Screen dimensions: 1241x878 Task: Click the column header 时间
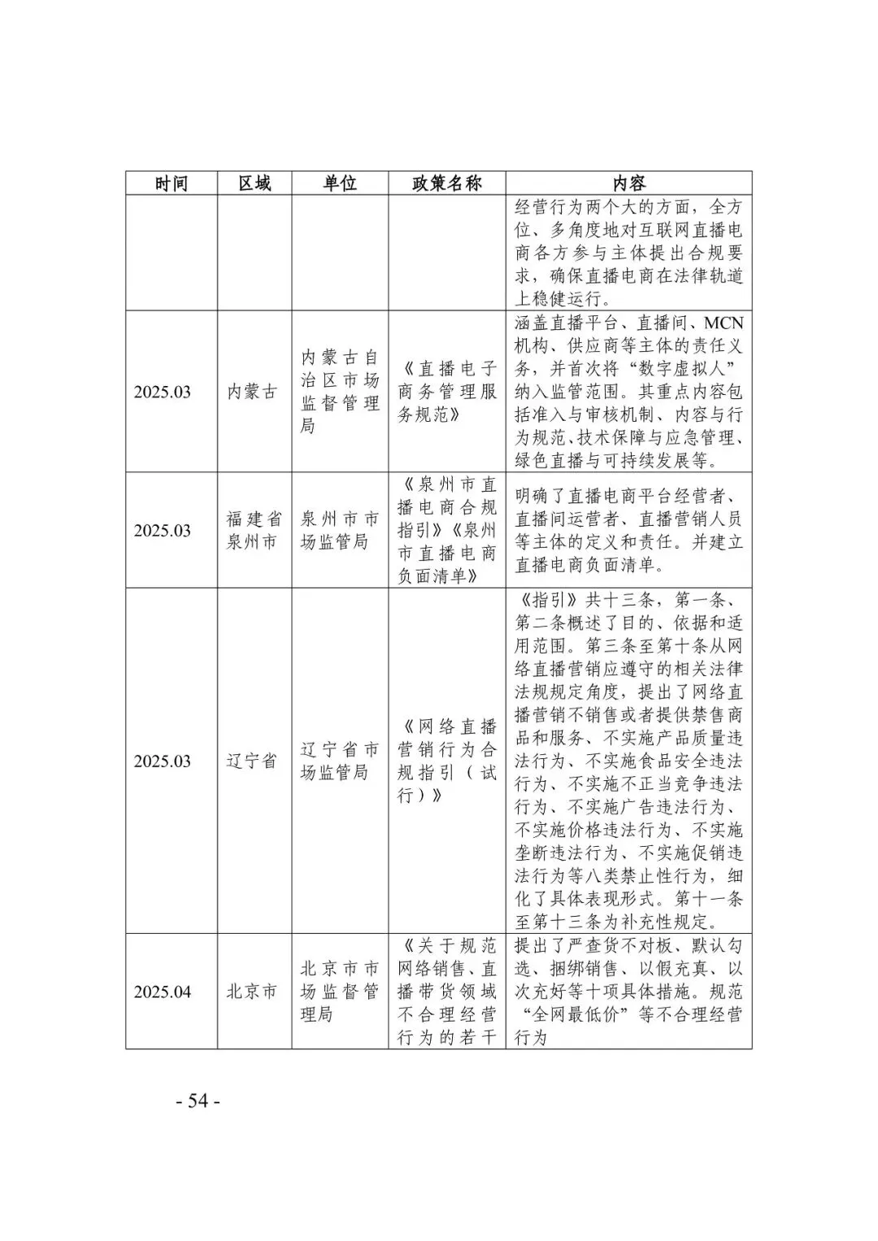172,183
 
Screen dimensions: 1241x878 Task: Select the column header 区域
254,183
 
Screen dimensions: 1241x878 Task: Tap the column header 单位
340,183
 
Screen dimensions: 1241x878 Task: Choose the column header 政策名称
447,183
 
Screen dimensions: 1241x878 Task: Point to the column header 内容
628,183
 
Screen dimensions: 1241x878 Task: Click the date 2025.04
163,992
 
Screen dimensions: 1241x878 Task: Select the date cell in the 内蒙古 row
163,392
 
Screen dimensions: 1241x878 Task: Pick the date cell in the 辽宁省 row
163,762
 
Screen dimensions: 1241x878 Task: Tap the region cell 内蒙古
252,392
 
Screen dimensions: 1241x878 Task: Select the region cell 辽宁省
252,762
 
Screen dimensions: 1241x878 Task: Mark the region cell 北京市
252,992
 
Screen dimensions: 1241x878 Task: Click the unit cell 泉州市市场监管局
340,531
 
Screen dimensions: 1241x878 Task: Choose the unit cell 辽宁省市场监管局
340,762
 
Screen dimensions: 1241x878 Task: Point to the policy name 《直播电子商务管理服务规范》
447,392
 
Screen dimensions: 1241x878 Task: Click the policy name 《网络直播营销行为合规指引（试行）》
447,762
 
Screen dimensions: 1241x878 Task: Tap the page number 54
198,1101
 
